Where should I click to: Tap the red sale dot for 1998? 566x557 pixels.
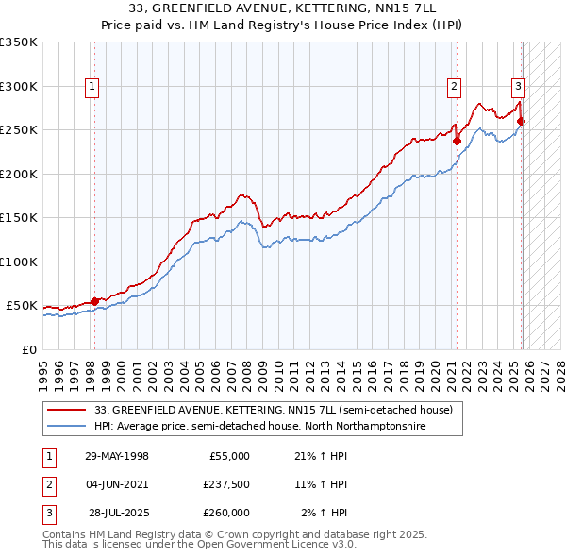point(94,301)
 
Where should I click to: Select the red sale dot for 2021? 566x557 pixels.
point(457,142)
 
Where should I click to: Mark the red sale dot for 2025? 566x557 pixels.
point(522,121)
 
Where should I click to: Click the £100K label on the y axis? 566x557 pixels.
point(18,262)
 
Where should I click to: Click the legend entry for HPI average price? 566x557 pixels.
point(259,426)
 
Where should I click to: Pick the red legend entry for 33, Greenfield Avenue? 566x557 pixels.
point(274,410)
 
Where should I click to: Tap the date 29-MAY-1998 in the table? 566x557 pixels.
point(116,456)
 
